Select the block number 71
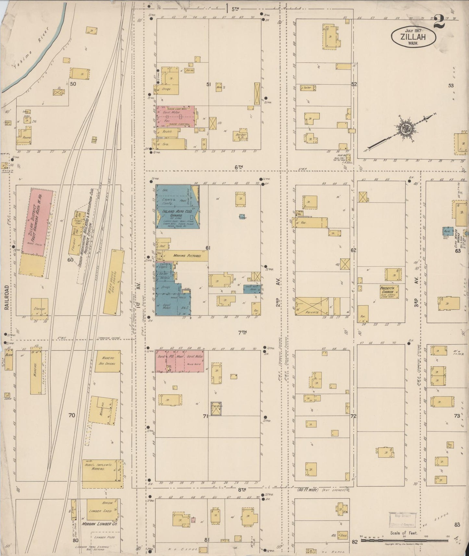pos(205,417)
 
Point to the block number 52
pos(354,84)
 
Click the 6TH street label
pos(239,167)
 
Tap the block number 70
pos(72,415)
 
